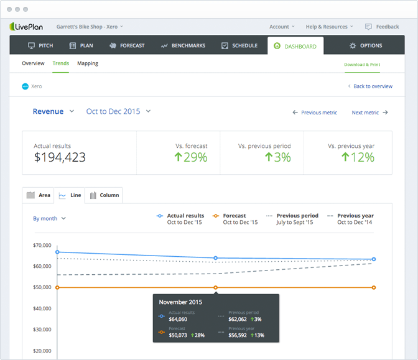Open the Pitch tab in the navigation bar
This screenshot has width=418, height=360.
40,45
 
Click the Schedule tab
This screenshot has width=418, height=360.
239,45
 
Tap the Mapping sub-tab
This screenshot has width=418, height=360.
87,63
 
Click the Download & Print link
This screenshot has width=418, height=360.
362,65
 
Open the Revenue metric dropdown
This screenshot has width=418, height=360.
53,111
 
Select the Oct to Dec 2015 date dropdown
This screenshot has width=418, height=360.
118,111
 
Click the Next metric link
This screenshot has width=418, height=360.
369,113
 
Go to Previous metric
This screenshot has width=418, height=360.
315,113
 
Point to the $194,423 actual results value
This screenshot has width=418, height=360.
60,157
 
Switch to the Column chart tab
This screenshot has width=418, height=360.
104,195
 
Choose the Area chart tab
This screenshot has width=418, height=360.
39,195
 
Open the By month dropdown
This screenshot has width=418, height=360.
49,218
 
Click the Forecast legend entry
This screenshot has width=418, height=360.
235,219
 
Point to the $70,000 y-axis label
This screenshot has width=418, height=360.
42,245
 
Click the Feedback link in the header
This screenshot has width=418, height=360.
382,27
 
